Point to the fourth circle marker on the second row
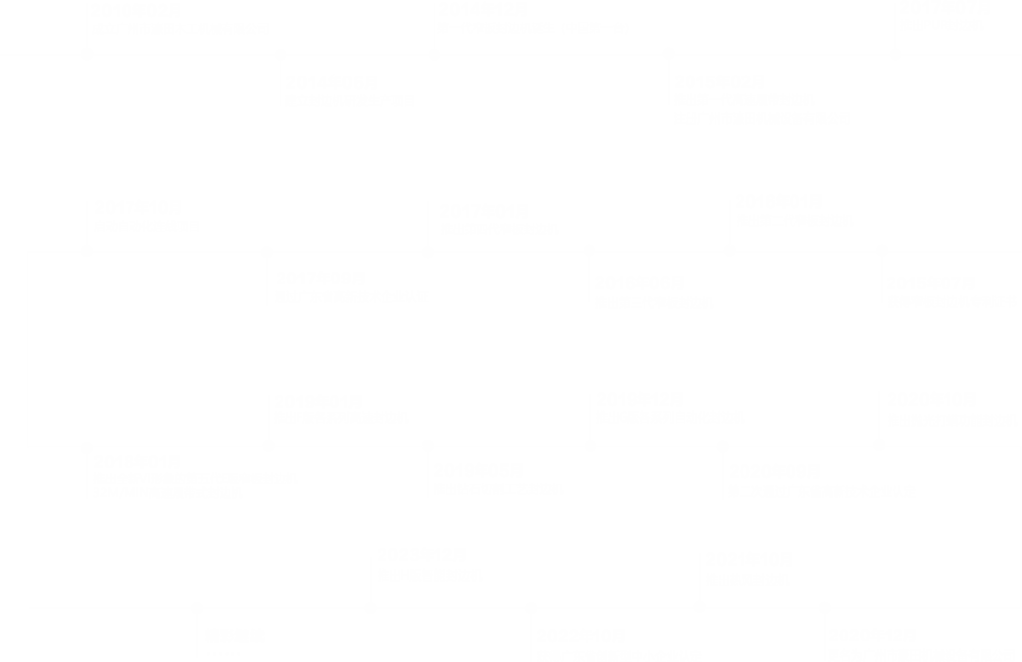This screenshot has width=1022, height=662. pyautogui.click(x=590, y=251)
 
